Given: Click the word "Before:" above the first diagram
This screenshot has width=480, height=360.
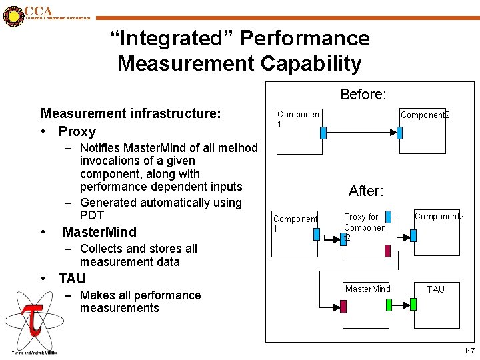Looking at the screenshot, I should [363, 95].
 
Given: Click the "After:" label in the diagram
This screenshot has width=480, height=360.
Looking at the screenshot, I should [365, 191].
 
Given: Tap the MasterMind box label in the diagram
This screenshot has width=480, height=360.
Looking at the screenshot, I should [367, 289].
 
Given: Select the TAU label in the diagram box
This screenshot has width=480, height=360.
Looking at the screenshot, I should [435, 289].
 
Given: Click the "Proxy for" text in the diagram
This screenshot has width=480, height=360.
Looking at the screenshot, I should [361, 217].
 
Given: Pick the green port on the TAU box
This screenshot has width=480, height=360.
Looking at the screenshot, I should [413, 304].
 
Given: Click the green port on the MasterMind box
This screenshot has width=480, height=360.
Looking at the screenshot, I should [389, 305].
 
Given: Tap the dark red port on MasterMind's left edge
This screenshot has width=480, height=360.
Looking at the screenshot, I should [343, 306].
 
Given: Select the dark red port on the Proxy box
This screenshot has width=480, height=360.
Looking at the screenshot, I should [387, 251].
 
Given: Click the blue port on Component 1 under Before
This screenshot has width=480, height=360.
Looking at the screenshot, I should [323, 133].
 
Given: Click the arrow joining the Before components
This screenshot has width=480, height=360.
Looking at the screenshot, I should [361, 133].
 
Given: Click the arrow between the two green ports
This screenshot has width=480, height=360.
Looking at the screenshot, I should [401, 305].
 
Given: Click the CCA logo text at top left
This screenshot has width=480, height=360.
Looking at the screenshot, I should [38, 11].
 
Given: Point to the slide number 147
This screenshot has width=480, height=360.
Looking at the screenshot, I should [469, 351].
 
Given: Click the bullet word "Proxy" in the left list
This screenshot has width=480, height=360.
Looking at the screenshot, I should [77, 131].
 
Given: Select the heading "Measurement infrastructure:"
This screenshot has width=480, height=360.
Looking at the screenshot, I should [130, 114].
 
